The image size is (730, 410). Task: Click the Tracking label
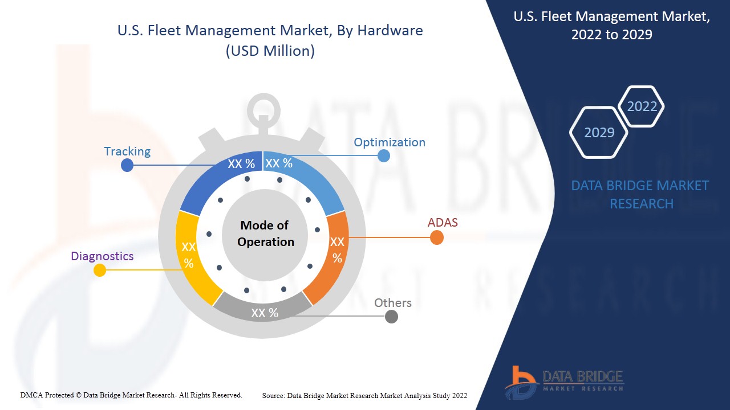click(127, 151)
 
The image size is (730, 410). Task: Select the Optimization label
click(390, 142)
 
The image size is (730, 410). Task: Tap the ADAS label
click(443, 222)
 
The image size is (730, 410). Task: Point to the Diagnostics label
click(102, 256)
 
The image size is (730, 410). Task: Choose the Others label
click(393, 303)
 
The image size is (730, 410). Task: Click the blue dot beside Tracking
click(127, 165)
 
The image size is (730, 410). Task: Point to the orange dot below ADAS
click(436, 238)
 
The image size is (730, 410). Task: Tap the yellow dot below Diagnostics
click(100, 270)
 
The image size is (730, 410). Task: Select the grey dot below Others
click(391, 317)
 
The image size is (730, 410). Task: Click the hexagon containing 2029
click(599, 132)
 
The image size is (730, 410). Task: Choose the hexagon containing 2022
click(642, 106)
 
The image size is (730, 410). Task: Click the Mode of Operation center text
click(266, 233)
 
